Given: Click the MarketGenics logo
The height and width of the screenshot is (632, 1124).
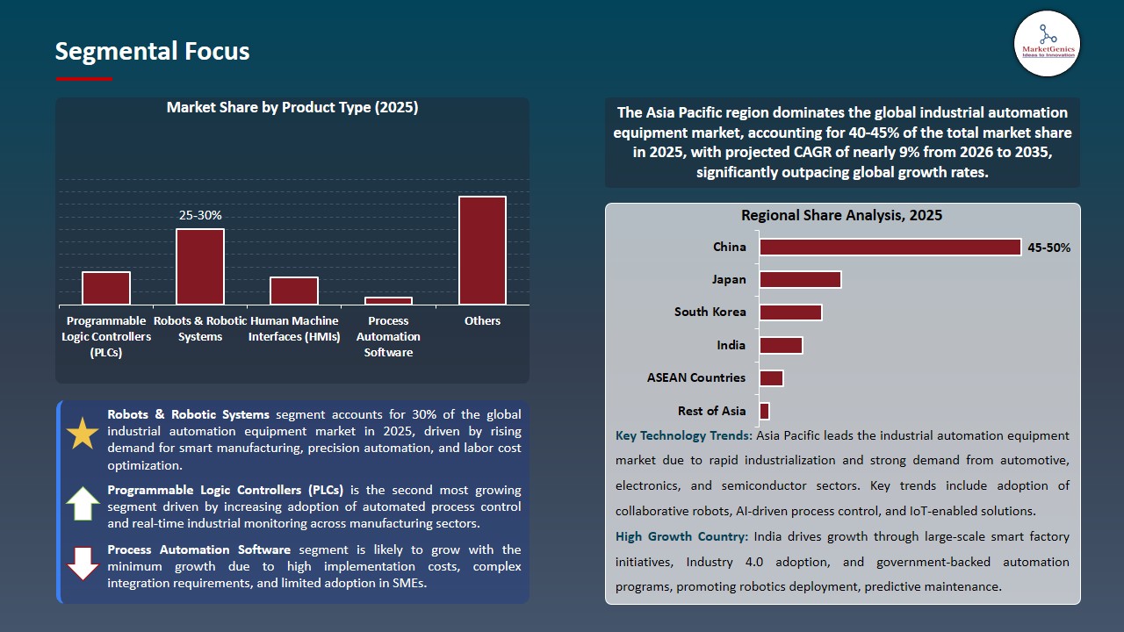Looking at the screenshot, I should click(1047, 43).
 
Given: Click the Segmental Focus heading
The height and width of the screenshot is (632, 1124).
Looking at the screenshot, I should click(152, 51).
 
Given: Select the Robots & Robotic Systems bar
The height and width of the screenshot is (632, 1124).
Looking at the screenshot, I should click(200, 267).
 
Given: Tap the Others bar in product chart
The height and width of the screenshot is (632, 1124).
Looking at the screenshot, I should click(482, 250).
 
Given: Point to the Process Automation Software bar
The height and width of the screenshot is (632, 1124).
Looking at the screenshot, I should click(388, 301).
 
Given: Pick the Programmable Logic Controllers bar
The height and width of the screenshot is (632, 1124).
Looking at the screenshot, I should click(106, 288).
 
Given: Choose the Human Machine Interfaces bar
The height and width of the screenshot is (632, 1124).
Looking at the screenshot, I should click(294, 291).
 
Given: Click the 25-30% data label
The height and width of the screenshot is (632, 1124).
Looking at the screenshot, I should click(200, 215).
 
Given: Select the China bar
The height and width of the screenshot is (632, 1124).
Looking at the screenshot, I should click(890, 247).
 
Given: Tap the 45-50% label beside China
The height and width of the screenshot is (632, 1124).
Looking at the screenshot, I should click(1048, 248).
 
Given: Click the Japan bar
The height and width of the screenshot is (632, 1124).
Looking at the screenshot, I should click(800, 279).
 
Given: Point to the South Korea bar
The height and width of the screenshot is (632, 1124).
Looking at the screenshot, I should click(790, 312).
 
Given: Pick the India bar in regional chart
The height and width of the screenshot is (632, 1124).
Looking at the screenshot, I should click(781, 345).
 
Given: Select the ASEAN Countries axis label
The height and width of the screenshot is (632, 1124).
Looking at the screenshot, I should click(696, 377).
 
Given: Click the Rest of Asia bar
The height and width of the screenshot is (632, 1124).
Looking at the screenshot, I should click(764, 411).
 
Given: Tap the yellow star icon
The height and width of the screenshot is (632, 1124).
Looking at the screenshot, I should click(83, 434).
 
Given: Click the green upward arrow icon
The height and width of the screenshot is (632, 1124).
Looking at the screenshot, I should click(83, 504).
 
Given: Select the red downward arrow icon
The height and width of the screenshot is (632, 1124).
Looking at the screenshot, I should click(83, 564).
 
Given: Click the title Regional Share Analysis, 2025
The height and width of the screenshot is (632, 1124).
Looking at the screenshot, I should click(841, 215).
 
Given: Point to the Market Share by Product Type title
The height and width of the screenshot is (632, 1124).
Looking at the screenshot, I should click(292, 108).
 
